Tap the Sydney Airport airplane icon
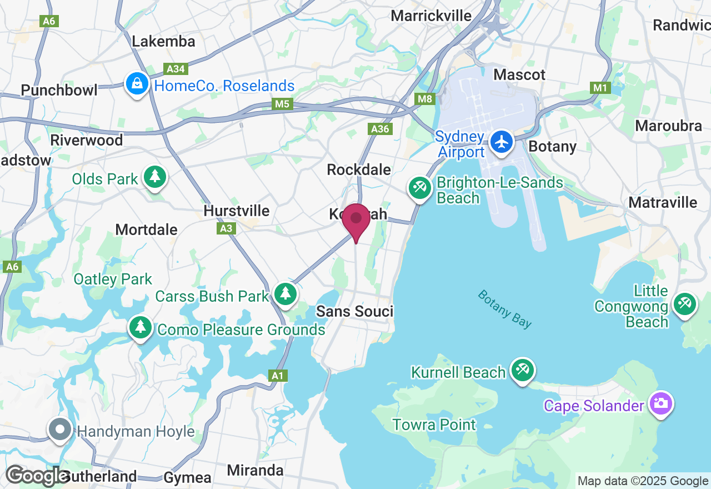(x=502, y=142)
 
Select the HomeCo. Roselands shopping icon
(x=137, y=84)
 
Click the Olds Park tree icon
(x=155, y=177)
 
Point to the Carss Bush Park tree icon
(x=286, y=293)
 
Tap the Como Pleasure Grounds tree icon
(x=141, y=327)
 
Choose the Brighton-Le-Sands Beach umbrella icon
(x=420, y=188)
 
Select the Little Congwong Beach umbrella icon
(x=684, y=304)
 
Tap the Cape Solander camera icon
(x=660, y=403)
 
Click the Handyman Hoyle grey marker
(x=60, y=430)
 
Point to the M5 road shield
(x=282, y=104)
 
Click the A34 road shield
(x=176, y=69)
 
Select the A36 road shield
(x=380, y=129)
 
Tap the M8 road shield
(x=425, y=99)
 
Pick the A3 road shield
(x=226, y=228)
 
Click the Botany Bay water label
(x=504, y=309)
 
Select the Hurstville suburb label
(x=237, y=211)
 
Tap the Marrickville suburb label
(x=431, y=16)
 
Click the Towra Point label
(x=434, y=425)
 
